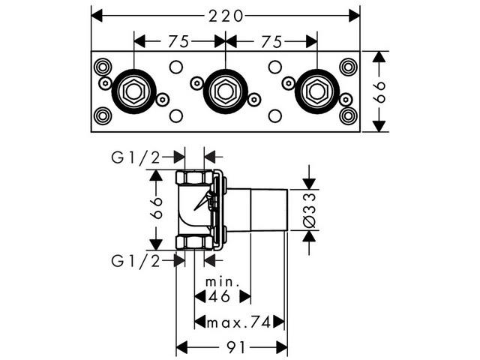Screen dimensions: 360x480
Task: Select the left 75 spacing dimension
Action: (178, 40)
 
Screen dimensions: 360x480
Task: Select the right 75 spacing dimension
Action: (271, 40)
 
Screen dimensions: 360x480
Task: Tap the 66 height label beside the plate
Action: (380, 91)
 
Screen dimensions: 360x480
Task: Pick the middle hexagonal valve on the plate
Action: (225, 91)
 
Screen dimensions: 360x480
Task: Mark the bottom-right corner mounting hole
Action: (347, 116)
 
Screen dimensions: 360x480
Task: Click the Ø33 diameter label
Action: (308, 210)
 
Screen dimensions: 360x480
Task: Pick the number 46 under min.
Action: (222, 297)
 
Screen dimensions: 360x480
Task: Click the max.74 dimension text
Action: (240, 322)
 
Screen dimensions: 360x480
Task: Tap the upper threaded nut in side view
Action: (194, 178)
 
